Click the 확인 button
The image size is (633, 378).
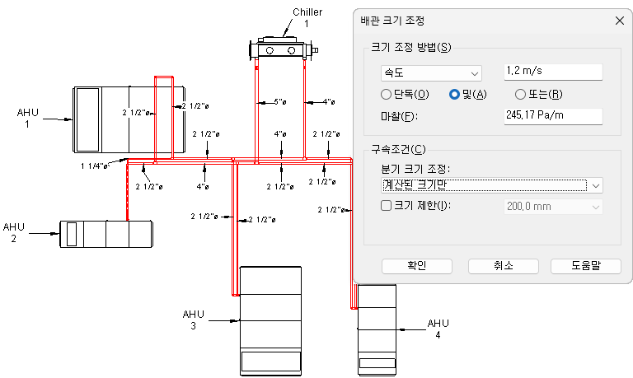tap(416, 265)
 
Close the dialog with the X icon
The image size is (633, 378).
tap(619, 20)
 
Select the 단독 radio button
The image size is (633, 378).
tap(386, 94)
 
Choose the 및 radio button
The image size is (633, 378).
tap(453, 94)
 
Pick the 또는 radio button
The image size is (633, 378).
tap(520, 94)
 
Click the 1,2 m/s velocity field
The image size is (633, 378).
tap(553, 72)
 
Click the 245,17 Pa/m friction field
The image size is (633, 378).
tap(553, 116)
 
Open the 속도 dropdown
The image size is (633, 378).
tap(430, 73)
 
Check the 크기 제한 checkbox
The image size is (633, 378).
tap(386, 205)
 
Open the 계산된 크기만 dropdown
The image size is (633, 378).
tap(491, 184)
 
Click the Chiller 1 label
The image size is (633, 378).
tap(307, 17)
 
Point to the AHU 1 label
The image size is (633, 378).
tap(27, 118)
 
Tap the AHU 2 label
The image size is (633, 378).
tap(14, 232)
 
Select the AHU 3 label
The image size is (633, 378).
tap(193, 319)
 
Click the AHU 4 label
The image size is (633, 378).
tap(438, 329)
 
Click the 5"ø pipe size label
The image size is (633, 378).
tap(280, 102)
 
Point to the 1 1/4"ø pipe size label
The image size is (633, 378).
tap(95, 166)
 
